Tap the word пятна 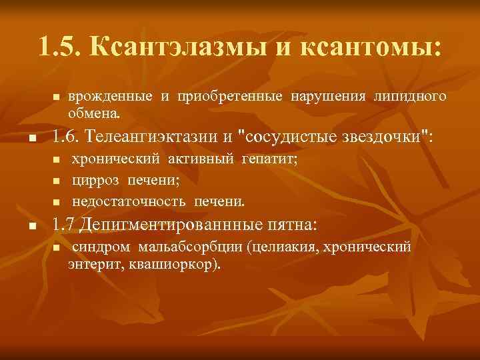289,225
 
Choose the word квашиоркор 182,265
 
